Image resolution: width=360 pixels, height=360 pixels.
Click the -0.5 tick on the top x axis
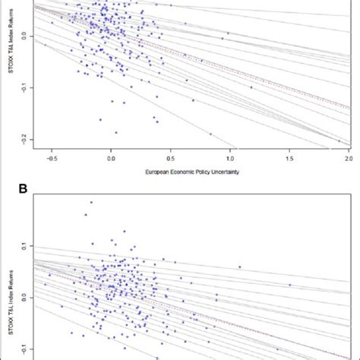click(52, 160)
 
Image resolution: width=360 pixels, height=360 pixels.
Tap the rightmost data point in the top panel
click(339, 141)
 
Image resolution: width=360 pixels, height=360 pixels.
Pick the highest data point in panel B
click(92, 202)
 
